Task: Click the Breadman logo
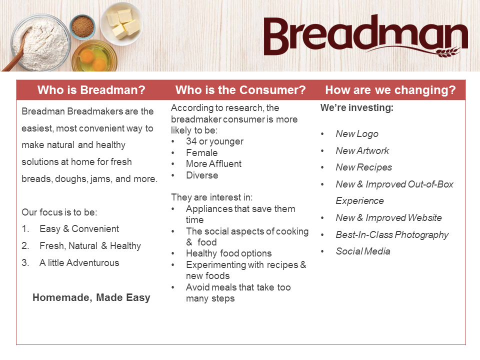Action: click(x=365, y=36)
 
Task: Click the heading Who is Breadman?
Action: click(x=91, y=90)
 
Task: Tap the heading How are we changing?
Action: click(x=390, y=90)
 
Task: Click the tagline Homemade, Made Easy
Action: click(x=91, y=297)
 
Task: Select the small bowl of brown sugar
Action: click(x=82, y=26)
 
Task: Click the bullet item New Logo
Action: click(x=357, y=133)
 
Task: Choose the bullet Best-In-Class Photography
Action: click(x=392, y=234)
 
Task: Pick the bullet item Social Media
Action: click(x=363, y=251)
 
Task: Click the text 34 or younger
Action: click(x=214, y=141)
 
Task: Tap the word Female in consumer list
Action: click(x=201, y=152)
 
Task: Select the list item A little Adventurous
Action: click(x=79, y=262)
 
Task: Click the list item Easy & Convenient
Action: click(x=79, y=228)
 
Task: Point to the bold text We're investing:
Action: click(x=357, y=107)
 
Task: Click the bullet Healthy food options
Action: click(x=228, y=253)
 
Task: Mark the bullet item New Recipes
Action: click(x=363, y=167)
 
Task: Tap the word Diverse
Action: click(x=202, y=175)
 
